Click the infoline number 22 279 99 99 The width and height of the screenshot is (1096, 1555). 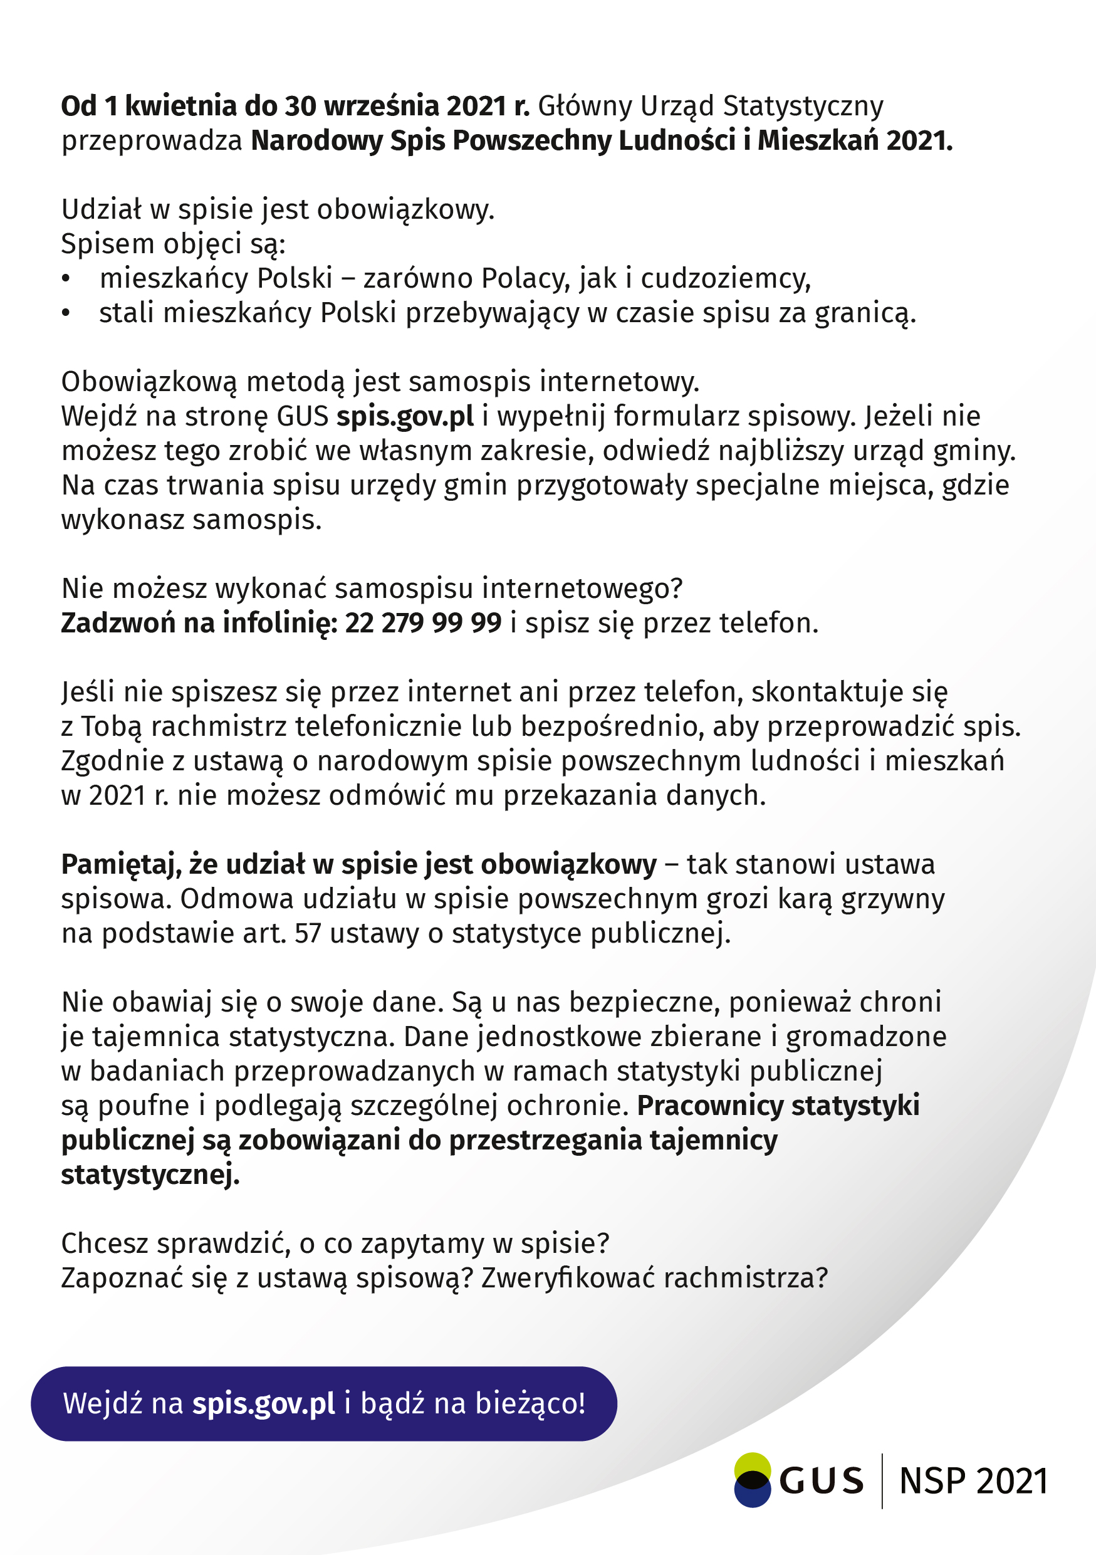pos(423,623)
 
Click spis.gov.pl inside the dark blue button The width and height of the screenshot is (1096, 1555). pos(263,1403)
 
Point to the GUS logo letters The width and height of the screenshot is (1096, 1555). pos(821,1481)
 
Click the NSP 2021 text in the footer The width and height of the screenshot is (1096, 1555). pos(973,1481)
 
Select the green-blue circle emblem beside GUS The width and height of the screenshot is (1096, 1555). pos(752,1480)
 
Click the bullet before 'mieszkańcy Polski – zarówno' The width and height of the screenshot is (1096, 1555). pos(66,279)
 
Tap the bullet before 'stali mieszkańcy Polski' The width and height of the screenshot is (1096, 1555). pos(66,313)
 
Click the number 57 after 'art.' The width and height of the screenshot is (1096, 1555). pos(308,934)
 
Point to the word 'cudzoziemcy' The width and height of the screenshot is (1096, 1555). pos(724,279)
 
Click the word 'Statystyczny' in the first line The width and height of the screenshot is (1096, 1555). pos(803,107)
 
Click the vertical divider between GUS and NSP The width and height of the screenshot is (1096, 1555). pos(882,1480)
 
